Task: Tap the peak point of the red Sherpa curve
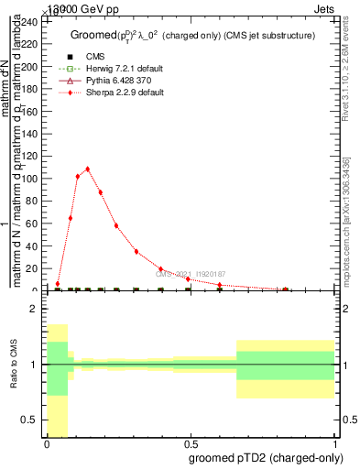point(87,169)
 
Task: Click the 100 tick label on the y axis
point(30,179)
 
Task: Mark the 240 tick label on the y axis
point(30,21)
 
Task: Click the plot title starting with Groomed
point(193,36)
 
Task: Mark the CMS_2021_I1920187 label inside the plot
point(191,273)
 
